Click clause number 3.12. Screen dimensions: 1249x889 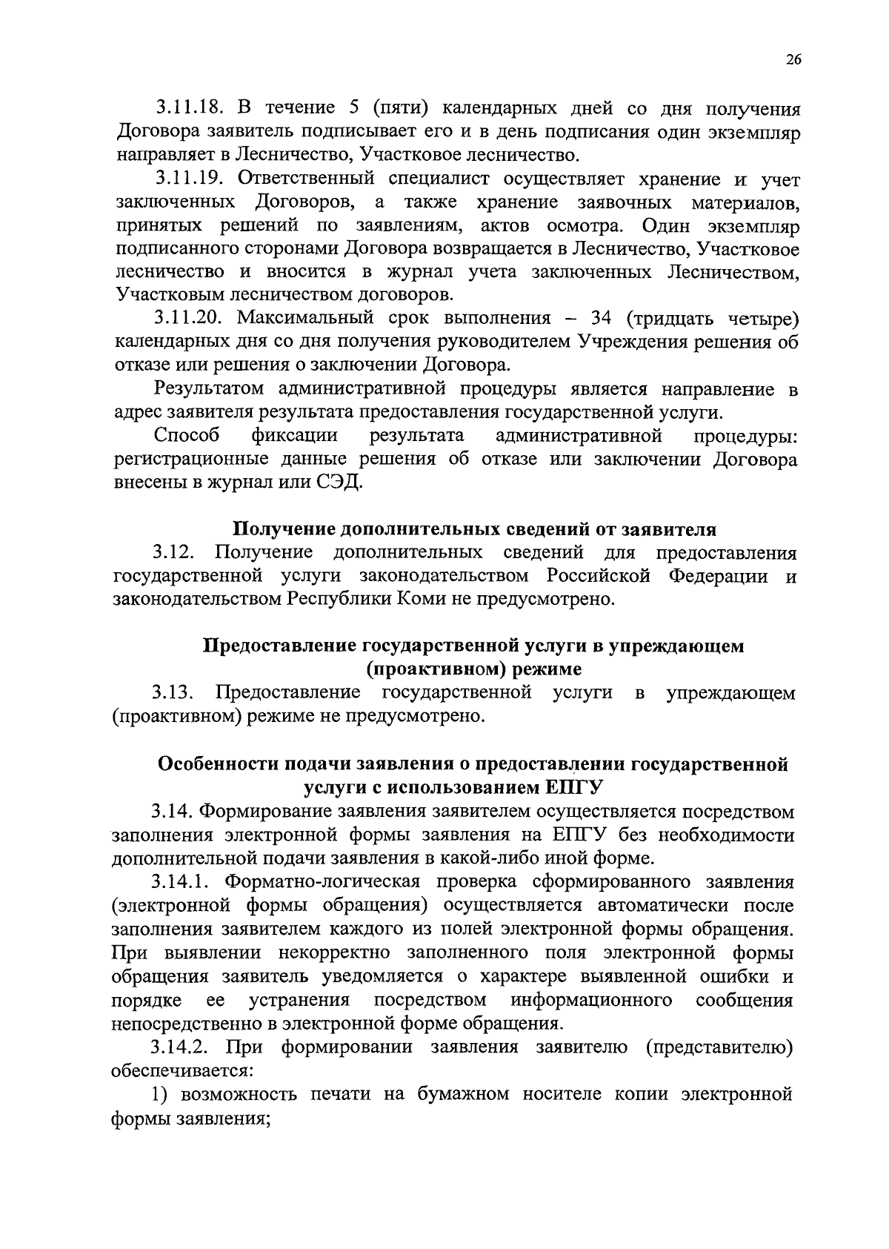pyautogui.click(x=174, y=553)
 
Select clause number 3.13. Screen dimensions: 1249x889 pyautogui.click(x=174, y=693)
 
